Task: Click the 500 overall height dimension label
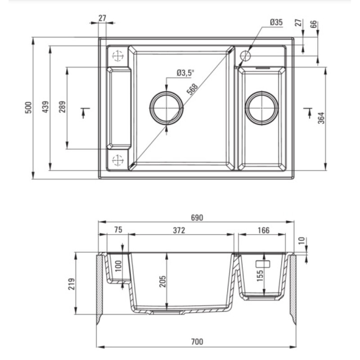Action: (28, 108)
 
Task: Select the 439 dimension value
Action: (45, 108)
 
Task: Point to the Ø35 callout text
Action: (276, 22)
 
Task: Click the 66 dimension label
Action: (314, 23)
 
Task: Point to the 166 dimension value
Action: (263, 230)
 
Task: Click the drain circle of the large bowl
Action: (166, 108)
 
